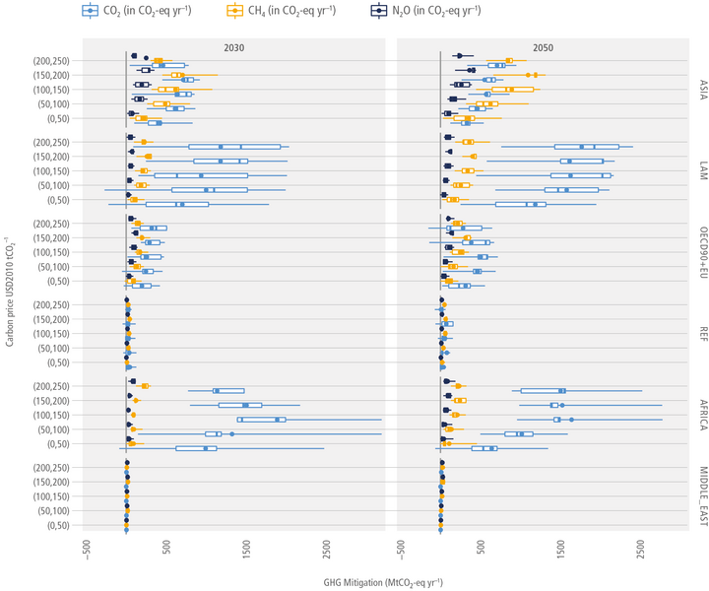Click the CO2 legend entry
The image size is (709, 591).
point(137,10)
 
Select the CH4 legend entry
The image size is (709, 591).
point(282,10)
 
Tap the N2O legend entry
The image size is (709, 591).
point(425,10)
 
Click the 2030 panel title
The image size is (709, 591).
point(233,48)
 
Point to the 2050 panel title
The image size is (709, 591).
point(543,48)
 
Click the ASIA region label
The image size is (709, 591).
point(703,90)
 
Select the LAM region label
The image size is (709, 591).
point(703,170)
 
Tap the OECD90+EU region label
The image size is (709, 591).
point(703,252)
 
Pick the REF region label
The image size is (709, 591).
point(703,334)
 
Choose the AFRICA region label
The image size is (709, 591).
point(703,415)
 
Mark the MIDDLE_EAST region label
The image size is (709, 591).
point(703,496)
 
